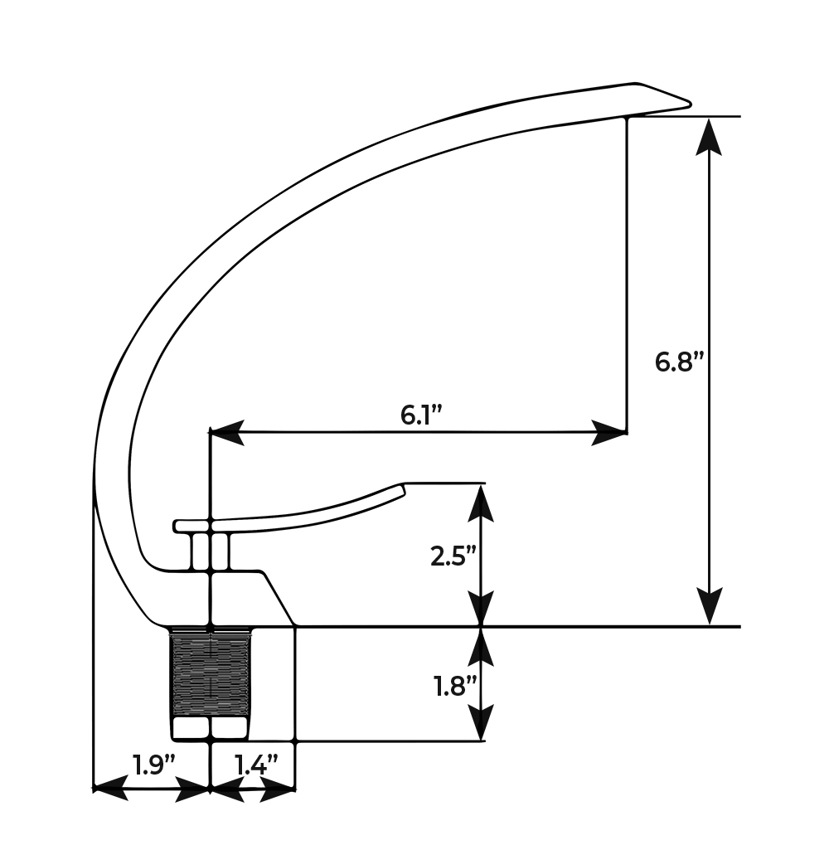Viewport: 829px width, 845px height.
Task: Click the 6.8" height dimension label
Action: tap(679, 362)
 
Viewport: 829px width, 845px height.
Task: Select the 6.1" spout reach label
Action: tap(422, 415)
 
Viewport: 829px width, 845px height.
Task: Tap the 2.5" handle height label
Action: tap(453, 556)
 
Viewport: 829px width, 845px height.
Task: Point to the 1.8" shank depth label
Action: tap(455, 686)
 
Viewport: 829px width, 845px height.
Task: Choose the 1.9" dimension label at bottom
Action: tap(153, 765)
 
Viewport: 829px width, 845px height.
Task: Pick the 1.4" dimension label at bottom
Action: tap(256, 765)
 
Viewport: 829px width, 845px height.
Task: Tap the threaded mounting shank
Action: tap(211, 673)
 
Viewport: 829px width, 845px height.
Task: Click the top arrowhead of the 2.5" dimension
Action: tap(481, 503)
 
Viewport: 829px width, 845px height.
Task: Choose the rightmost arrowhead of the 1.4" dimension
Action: tap(279, 789)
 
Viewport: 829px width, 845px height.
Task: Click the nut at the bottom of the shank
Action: tap(211, 728)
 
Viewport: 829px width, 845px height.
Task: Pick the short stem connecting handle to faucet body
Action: tap(210, 551)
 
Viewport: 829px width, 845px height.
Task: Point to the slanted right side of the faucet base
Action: tap(279, 599)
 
